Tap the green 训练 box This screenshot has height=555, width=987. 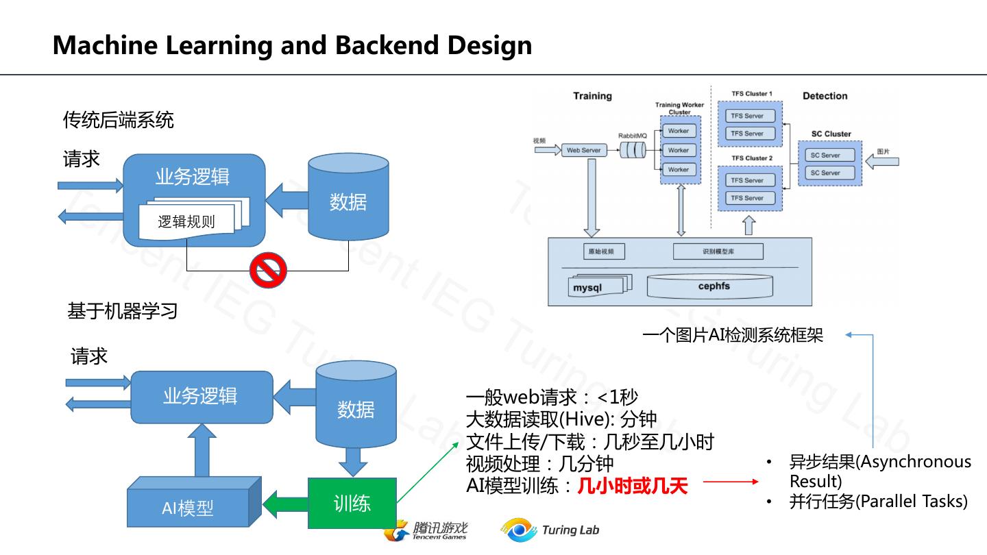(x=352, y=504)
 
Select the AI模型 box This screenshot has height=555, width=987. (x=188, y=508)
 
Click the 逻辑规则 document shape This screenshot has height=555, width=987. (x=186, y=221)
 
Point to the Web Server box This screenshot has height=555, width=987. (x=583, y=150)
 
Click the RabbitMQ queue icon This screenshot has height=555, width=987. (x=633, y=150)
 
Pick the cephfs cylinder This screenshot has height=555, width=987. (x=709, y=286)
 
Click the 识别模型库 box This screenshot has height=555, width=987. (x=718, y=251)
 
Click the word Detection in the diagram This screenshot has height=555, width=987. (x=825, y=96)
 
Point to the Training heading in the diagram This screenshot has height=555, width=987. (x=592, y=96)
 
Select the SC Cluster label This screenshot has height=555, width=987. (x=831, y=134)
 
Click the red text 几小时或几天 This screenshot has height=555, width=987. (x=632, y=486)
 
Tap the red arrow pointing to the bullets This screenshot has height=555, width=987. (x=731, y=482)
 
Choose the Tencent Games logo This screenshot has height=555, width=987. (x=426, y=530)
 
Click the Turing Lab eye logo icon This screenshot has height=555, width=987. (x=518, y=530)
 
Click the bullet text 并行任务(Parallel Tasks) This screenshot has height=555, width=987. (x=878, y=502)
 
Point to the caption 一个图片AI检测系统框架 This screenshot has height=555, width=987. (x=732, y=335)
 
